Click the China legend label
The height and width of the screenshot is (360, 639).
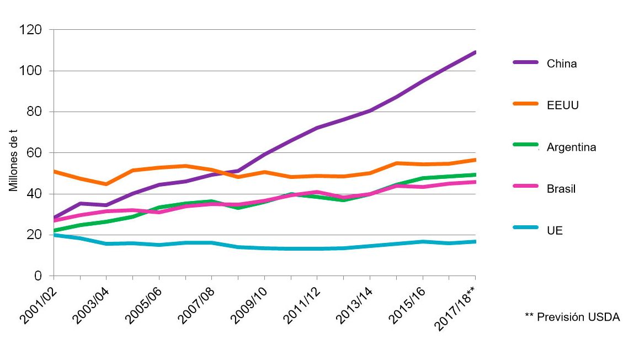click(562, 63)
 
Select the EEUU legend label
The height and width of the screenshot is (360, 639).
click(563, 105)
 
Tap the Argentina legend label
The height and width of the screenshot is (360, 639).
click(571, 147)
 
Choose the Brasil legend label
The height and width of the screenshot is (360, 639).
click(561, 189)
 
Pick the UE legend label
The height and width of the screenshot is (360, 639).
click(555, 231)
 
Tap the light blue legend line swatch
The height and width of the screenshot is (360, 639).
click(524, 230)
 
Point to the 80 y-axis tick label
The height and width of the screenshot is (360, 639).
click(34, 112)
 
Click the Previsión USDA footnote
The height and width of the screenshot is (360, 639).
click(572, 317)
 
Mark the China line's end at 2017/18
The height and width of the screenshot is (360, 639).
click(475, 52)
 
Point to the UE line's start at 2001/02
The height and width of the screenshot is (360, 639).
click(54, 235)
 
